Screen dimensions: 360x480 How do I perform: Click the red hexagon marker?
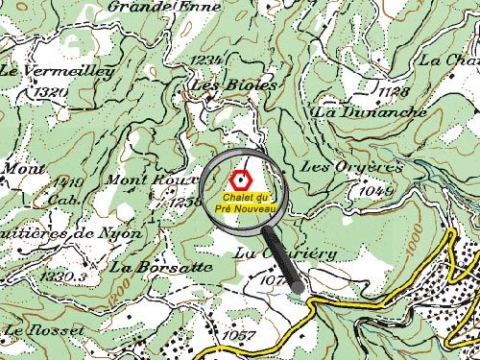pos(241,179)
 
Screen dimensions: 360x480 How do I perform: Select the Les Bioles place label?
pos(234,84)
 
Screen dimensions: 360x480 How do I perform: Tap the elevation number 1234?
pos(208,61)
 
